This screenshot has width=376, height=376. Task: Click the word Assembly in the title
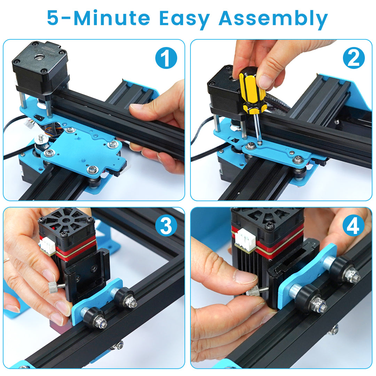click(x=273, y=19)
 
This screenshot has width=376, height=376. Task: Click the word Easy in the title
click(x=185, y=19)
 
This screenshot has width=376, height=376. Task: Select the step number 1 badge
click(x=166, y=58)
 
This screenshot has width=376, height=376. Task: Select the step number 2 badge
click(x=354, y=58)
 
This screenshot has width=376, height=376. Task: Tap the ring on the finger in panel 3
click(x=6, y=260)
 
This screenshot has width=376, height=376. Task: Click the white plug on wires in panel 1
click(x=30, y=124)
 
